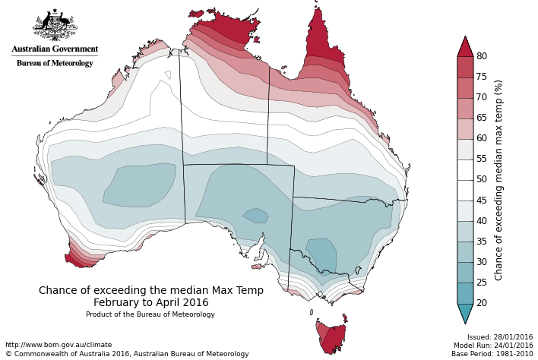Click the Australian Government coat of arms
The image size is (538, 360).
[x=54, y=26]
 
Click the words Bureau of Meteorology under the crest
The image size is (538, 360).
[x=55, y=63]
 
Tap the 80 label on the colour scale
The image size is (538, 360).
[x=482, y=56]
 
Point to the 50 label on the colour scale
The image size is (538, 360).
[x=482, y=180]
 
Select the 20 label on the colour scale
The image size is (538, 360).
[x=482, y=303]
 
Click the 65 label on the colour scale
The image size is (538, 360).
[x=482, y=118]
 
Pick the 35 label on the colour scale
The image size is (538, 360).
[x=482, y=242]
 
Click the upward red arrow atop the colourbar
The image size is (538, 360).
[x=465, y=46]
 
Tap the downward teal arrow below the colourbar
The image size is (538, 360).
[x=465, y=313]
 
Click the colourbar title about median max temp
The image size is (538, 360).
[x=499, y=180]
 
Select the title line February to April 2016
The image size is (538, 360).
[x=150, y=302]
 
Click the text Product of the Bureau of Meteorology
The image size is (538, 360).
[x=150, y=314]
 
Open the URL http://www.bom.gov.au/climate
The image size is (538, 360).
[x=59, y=345]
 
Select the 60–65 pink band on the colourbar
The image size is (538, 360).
[x=465, y=128]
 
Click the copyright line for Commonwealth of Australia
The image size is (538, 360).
[x=127, y=354]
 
